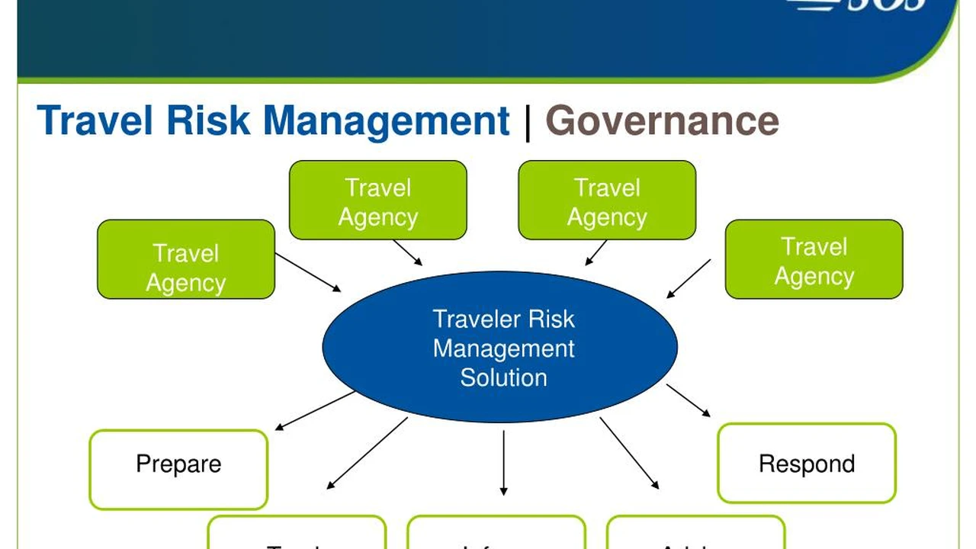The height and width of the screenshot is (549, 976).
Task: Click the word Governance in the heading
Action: tap(662, 121)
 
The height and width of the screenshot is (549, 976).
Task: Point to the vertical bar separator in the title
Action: tap(528, 123)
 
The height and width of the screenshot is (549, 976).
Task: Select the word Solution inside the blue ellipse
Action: tap(503, 377)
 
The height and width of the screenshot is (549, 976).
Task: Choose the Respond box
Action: tap(807, 463)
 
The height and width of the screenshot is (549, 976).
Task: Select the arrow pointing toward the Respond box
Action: tap(688, 400)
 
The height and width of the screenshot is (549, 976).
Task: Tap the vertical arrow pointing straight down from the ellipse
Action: tap(503, 463)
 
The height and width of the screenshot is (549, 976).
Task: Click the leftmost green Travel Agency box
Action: tap(186, 259)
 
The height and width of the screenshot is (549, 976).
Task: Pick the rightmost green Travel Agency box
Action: tap(814, 259)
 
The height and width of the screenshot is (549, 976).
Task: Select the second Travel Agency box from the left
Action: tap(378, 200)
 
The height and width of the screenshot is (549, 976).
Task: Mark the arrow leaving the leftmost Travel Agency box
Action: tap(308, 272)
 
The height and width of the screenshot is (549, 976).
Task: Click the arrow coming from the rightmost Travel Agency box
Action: tap(689, 278)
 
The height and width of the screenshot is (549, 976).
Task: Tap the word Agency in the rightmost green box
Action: tap(814, 277)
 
